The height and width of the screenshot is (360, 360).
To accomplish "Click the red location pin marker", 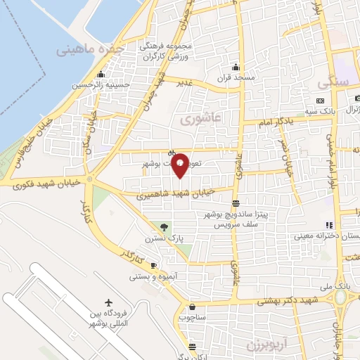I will [x=180, y=165].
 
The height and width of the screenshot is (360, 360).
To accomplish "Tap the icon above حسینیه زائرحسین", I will [x=102, y=75].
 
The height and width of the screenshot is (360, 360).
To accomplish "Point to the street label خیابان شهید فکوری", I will [x=49, y=182].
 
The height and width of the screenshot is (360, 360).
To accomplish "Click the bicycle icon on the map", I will [x=172, y=153].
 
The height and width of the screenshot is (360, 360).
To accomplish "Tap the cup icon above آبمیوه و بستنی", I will [x=154, y=264].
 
